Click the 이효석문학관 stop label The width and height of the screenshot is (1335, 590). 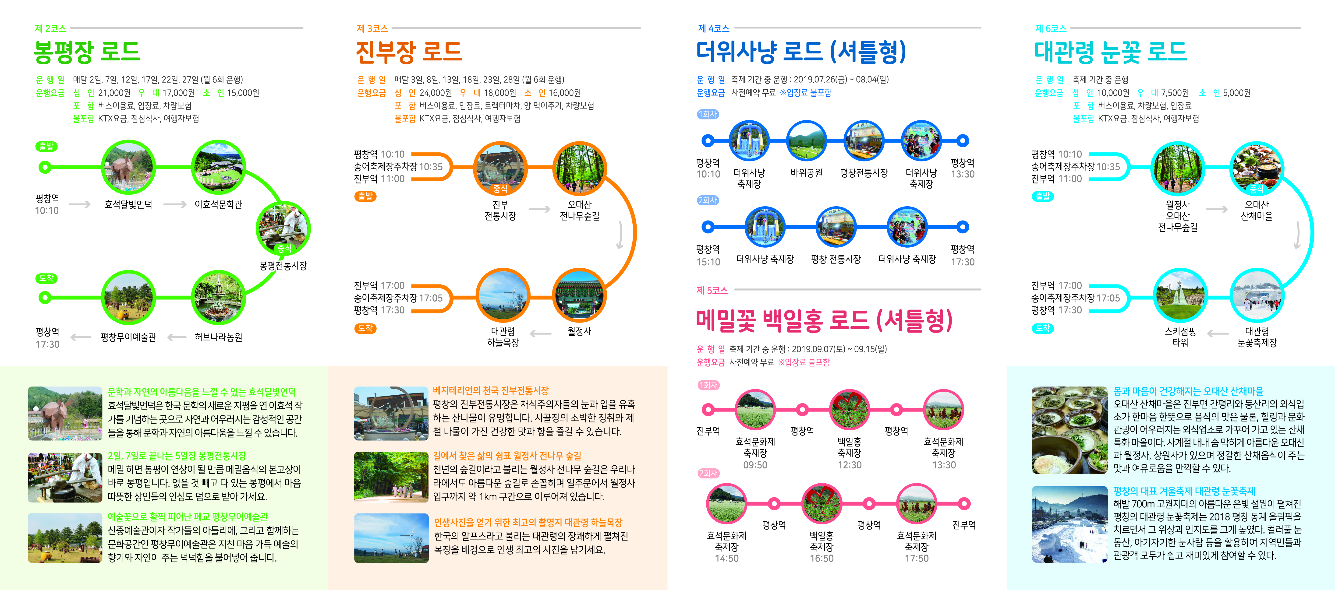tap(218, 205)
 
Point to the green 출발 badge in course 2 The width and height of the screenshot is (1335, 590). tap(46, 146)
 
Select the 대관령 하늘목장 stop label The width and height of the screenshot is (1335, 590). tap(503, 337)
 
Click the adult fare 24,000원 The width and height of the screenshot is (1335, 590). tap(435, 93)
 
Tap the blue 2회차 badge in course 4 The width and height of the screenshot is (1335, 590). tap(707, 200)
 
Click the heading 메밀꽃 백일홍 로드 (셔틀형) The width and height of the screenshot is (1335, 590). tap(824, 321)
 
